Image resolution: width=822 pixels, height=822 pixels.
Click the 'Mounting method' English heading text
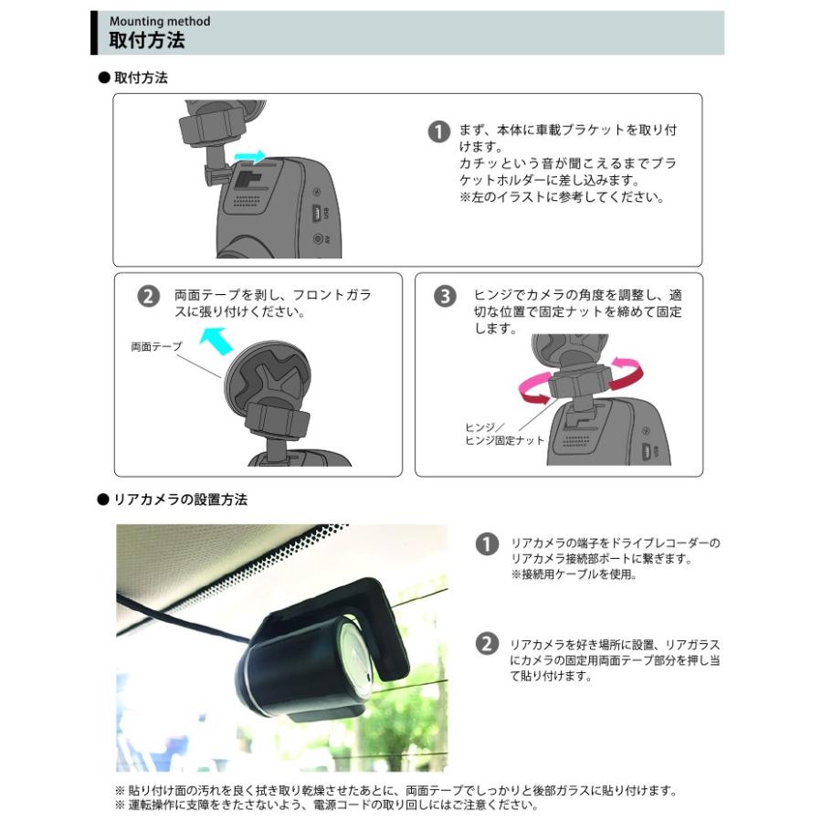[x=159, y=21]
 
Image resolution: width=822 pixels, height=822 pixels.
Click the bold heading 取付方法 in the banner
[x=146, y=40]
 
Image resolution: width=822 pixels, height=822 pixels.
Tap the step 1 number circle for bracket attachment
[x=439, y=132]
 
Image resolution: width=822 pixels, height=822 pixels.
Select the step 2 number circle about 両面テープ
[x=147, y=297]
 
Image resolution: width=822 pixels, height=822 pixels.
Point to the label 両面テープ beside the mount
[x=156, y=347]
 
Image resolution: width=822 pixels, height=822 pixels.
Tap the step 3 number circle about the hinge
[x=445, y=297]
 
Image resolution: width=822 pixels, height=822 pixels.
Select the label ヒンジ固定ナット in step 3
[x=504, y=440]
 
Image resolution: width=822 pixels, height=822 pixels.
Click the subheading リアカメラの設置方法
[x=179, y=500]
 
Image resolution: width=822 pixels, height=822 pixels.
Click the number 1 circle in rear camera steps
[x=487, y=543]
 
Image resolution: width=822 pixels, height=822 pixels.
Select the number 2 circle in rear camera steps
[x=487, y=644]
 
